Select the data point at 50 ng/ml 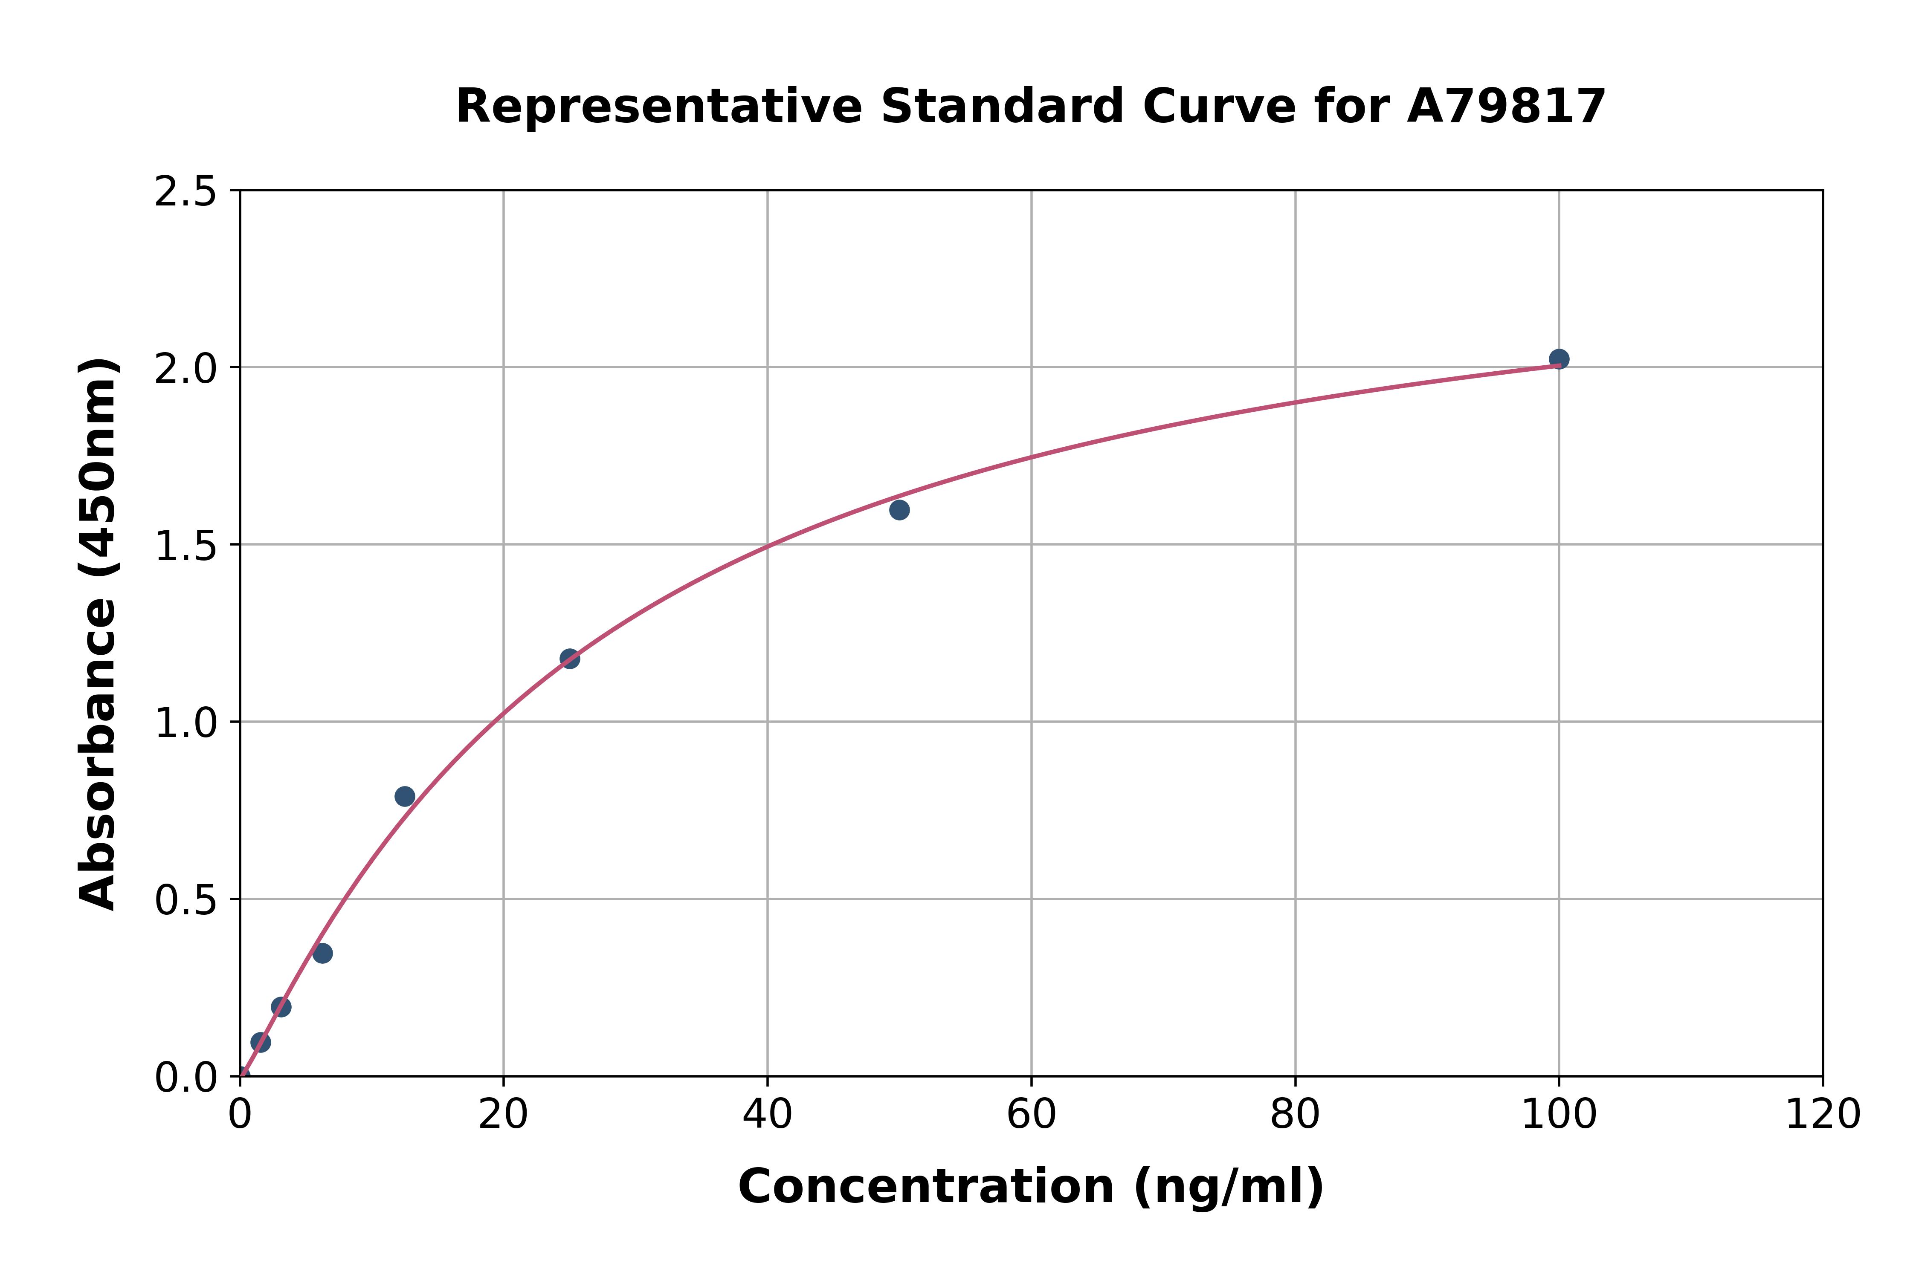tap(899, 509)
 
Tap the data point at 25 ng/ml tap(569, 659)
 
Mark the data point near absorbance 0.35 tap(322, 954)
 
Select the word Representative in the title tap(659, 107)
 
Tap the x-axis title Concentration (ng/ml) tap(1031, 1187)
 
